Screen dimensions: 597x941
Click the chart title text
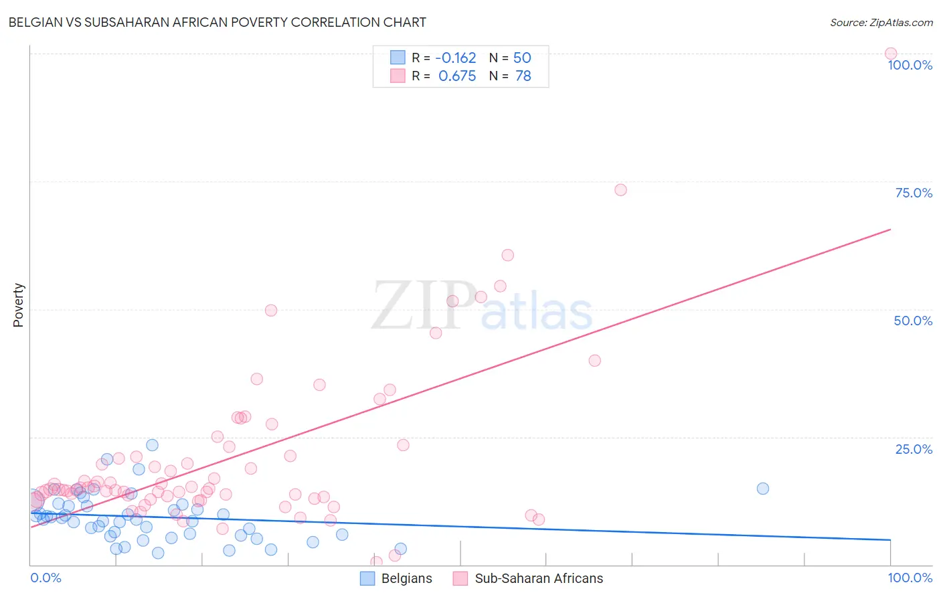pos(217,22)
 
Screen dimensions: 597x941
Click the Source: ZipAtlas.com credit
pos(881,22)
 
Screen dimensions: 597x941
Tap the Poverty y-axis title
pos(18,305)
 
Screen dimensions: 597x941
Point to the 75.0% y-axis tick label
pos(914,193)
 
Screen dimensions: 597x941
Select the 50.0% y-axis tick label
pos(913,321)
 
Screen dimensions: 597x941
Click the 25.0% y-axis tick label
pos(914,449)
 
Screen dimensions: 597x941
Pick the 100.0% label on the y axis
pos(910,65)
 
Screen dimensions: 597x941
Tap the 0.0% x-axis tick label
pos(46,578)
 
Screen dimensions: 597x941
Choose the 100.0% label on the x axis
pos(910,578)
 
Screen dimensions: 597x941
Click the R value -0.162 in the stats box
pos(455,58)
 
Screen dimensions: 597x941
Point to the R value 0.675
pos(457,76)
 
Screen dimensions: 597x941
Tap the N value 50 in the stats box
pos(522,58)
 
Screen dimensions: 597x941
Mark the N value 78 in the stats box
pos(523,76)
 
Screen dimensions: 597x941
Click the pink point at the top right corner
pos(890,54)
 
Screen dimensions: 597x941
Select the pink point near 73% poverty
pos(620,190)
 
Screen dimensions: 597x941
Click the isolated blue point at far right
pos(762,489)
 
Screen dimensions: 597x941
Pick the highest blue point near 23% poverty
pos(152,445)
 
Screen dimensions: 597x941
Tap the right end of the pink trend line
pos(890,230)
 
